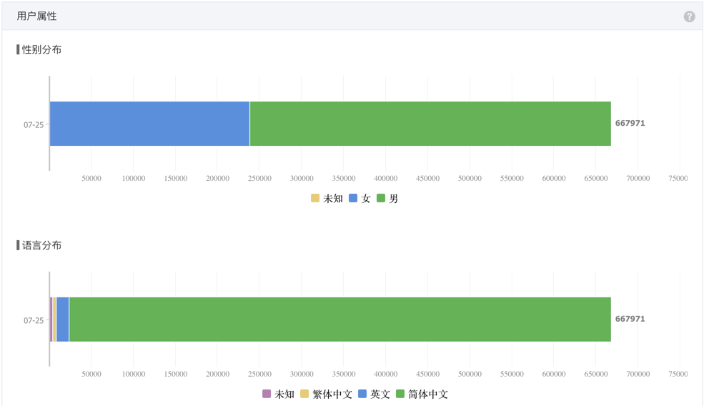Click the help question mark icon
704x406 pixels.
689,16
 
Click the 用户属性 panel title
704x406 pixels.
37,16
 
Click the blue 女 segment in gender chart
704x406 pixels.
149,124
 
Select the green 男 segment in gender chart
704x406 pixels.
430,124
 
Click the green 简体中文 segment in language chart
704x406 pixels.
340,320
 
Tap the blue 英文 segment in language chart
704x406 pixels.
62,320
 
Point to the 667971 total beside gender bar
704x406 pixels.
630,123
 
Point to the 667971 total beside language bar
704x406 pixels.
630,319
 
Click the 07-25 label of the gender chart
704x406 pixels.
34,125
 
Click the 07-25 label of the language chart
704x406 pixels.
34,321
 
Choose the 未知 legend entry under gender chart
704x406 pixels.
327,199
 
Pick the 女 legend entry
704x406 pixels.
360,199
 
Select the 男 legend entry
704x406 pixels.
387,199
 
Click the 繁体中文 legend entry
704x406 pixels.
327,395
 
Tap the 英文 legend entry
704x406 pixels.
374,395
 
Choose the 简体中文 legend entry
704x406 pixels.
422,395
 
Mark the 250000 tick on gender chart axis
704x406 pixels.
259,178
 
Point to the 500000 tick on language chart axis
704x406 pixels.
470,374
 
